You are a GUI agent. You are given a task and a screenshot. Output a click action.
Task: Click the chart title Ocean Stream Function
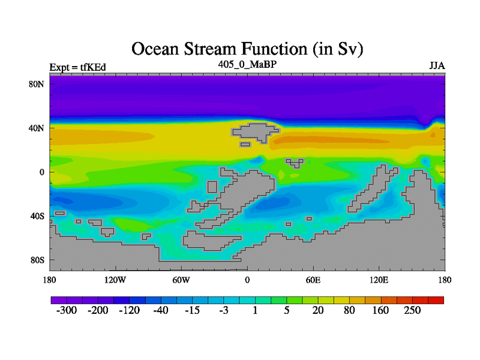[x=247, y=49]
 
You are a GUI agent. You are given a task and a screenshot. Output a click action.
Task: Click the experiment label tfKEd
[x=93, y=67]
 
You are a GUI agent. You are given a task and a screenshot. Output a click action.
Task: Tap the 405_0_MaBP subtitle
[x=247, y=64]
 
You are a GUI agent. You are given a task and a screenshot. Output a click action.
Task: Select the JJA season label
[x=437, y=66]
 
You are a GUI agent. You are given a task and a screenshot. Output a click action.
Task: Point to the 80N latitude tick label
[x=36, y=84]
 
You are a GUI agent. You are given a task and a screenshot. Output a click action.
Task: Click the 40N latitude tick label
[x=36, y=128]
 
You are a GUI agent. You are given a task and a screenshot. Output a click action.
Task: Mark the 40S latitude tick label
[x=37, y=216]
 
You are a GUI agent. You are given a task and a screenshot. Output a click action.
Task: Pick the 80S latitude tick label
[x=37, y=260]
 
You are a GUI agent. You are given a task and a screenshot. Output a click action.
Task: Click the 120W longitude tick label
[x=115, y=280]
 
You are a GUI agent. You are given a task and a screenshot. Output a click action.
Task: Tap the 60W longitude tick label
[x=181, y=280]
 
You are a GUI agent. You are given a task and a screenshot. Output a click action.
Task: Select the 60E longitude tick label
[x=313, y=280]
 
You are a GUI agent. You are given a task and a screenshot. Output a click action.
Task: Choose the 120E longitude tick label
[x=379, y=280]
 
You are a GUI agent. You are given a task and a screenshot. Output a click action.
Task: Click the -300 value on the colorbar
[x=67, y=310]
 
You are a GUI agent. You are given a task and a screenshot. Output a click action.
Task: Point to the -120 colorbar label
[x=129, y=310]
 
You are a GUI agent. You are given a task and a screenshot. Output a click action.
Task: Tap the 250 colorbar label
[x=412, y=310]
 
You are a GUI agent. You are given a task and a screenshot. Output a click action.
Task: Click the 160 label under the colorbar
[x=380, y=310]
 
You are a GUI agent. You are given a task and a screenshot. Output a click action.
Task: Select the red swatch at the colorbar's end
[x=436, y=300]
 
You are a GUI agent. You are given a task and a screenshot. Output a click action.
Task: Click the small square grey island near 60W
[x=212, y=187]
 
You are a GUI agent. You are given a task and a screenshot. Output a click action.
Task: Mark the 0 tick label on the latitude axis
[x=41, y=172]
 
